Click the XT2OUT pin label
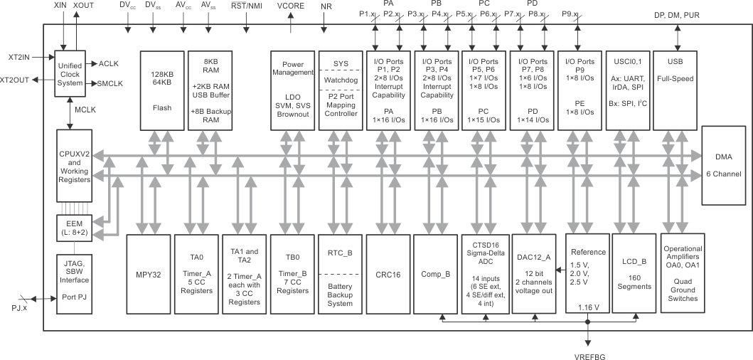(15, 80)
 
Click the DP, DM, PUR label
(675, 14)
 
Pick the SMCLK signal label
(110, 84)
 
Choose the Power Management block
(292, 90)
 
